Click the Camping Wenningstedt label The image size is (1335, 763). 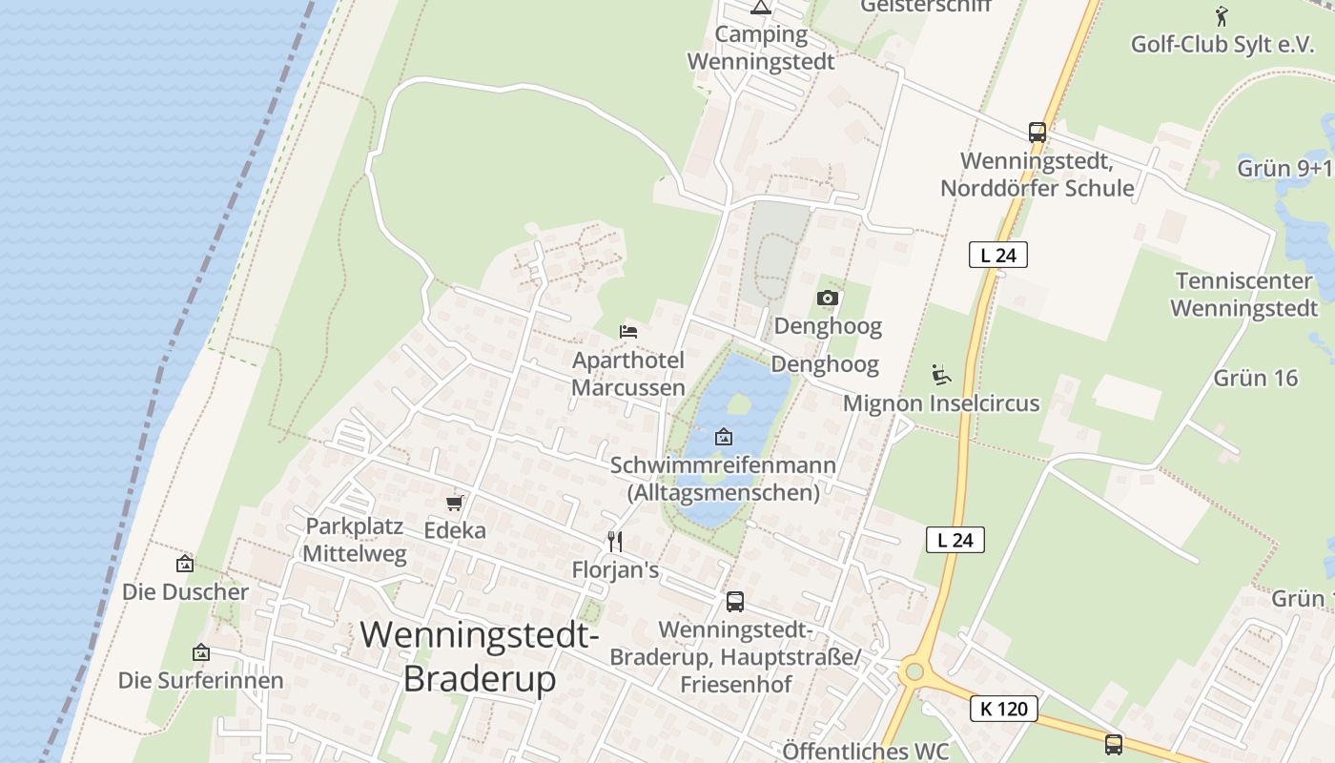coord(760,49)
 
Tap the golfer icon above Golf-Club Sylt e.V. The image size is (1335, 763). coord(1222,15)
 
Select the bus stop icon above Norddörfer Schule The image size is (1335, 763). coord(1037,133)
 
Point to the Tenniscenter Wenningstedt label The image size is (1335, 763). coord(1243,295)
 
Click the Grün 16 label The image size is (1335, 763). coord(1256,379)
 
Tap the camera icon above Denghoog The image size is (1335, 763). coord(828,299)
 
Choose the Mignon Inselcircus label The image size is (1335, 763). coord(941,403)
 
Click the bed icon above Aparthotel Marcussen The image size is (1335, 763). coord(628,332)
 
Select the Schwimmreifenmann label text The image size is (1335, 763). coord(723,466)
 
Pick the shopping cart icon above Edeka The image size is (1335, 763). coord(455,503)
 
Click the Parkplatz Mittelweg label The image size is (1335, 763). coord(355,540)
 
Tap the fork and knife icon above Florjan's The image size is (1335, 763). coord(615,542)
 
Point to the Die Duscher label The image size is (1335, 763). coord(185,592)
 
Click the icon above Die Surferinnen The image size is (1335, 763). coord(200,653)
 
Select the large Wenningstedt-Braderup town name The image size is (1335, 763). coord(480,656)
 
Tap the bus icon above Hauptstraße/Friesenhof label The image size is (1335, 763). coord(734,602)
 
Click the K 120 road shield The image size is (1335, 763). coord(1004,709)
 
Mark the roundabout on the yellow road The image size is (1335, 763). coord(914,671)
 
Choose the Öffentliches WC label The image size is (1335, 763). coord(866,751)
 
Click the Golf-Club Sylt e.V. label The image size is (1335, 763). coord(1222,44)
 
